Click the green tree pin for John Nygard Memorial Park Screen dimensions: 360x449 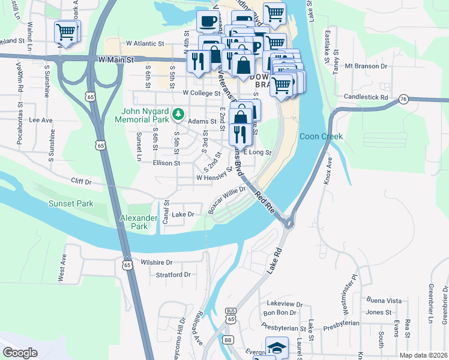(178, 113)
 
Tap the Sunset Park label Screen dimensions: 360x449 (71, 204)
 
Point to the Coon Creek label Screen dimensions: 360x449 (321, 136)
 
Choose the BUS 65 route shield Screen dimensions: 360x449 (231, 314)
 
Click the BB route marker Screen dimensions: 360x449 (228, 340)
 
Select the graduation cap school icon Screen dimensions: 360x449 (276, 348)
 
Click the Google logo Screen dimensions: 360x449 (20, 353)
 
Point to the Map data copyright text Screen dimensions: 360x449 (421, 355)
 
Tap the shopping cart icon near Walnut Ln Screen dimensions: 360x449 (65, 31)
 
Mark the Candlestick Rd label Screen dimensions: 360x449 (366, 97)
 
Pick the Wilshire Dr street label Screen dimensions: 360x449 (156, 262)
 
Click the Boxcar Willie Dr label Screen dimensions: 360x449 (227, 200)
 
